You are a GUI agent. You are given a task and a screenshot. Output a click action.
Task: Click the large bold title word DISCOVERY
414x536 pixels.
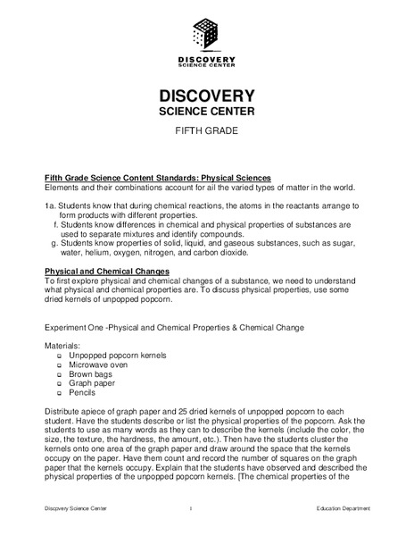click(x=207, y=96)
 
